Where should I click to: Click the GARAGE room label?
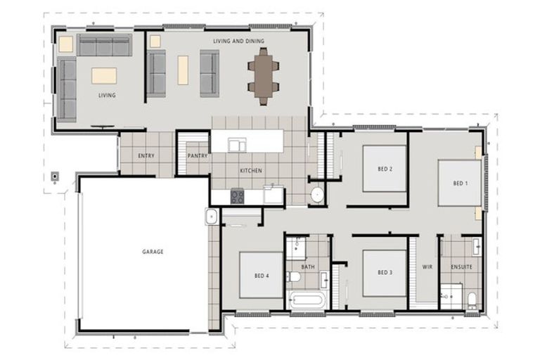(x=153, y=252)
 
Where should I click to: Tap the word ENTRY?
(x=146, y=155)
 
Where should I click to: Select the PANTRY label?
(x=198, y=155)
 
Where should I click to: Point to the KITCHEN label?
(x=251, y=171)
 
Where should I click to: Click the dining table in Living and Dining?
(x=263, y=76)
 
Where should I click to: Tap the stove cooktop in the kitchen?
(x=237, y=196)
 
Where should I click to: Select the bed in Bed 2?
(x=385, y=169)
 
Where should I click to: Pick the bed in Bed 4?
(x=262, y=275)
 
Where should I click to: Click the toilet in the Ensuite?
(x=472, y=300)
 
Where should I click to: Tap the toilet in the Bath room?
(x=293, y=276)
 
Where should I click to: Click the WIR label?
(x=427, y=267)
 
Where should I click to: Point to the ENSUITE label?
(x=461, y=267)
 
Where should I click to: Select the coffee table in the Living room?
(x=104, y=76)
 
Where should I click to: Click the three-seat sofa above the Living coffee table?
(x=104, y=45)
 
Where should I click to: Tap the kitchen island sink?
(x=237, y=145)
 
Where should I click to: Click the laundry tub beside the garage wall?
(x=211, y=217)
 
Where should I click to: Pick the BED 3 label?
(x=385, y=273)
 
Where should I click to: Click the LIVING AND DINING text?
(x=238, y=41)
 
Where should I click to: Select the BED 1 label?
(x=461, y=184)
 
